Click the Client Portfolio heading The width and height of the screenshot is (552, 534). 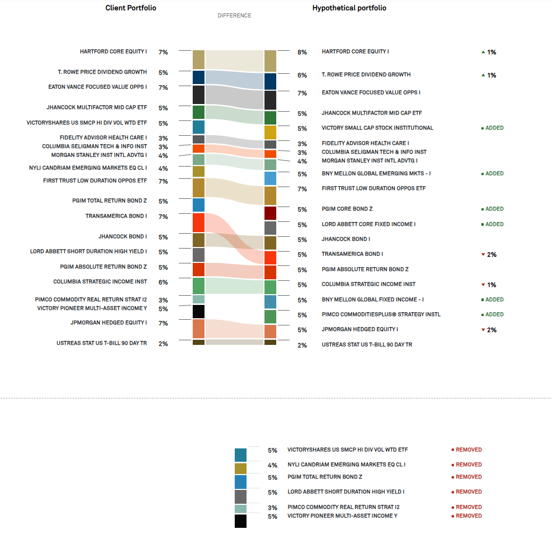[131, 8]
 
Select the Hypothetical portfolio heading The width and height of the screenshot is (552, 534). [349, 8]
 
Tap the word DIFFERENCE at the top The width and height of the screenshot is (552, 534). [234, 16]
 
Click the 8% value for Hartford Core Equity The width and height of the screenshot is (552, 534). [302, 52]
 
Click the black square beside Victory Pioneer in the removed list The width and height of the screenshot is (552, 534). [240, 521]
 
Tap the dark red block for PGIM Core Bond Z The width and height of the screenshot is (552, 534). [270, 213]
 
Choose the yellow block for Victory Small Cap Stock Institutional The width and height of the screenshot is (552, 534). [270, 132]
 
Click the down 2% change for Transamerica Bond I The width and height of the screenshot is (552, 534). [488, 255]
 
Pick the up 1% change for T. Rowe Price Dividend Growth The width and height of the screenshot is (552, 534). [488, 75]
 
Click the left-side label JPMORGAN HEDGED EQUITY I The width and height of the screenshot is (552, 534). [109, 323]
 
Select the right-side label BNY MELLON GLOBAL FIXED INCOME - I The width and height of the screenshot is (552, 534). [373, 300]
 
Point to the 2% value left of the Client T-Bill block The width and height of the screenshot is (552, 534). [163, 344]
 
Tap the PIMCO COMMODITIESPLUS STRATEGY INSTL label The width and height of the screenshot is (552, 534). [381, 315]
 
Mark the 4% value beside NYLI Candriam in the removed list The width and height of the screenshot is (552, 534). [272, 465]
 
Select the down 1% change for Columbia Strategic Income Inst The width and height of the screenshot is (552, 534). [488, 285]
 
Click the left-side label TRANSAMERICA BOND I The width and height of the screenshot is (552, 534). [116, 216]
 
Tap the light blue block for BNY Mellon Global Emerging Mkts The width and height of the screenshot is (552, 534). [270, 178]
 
